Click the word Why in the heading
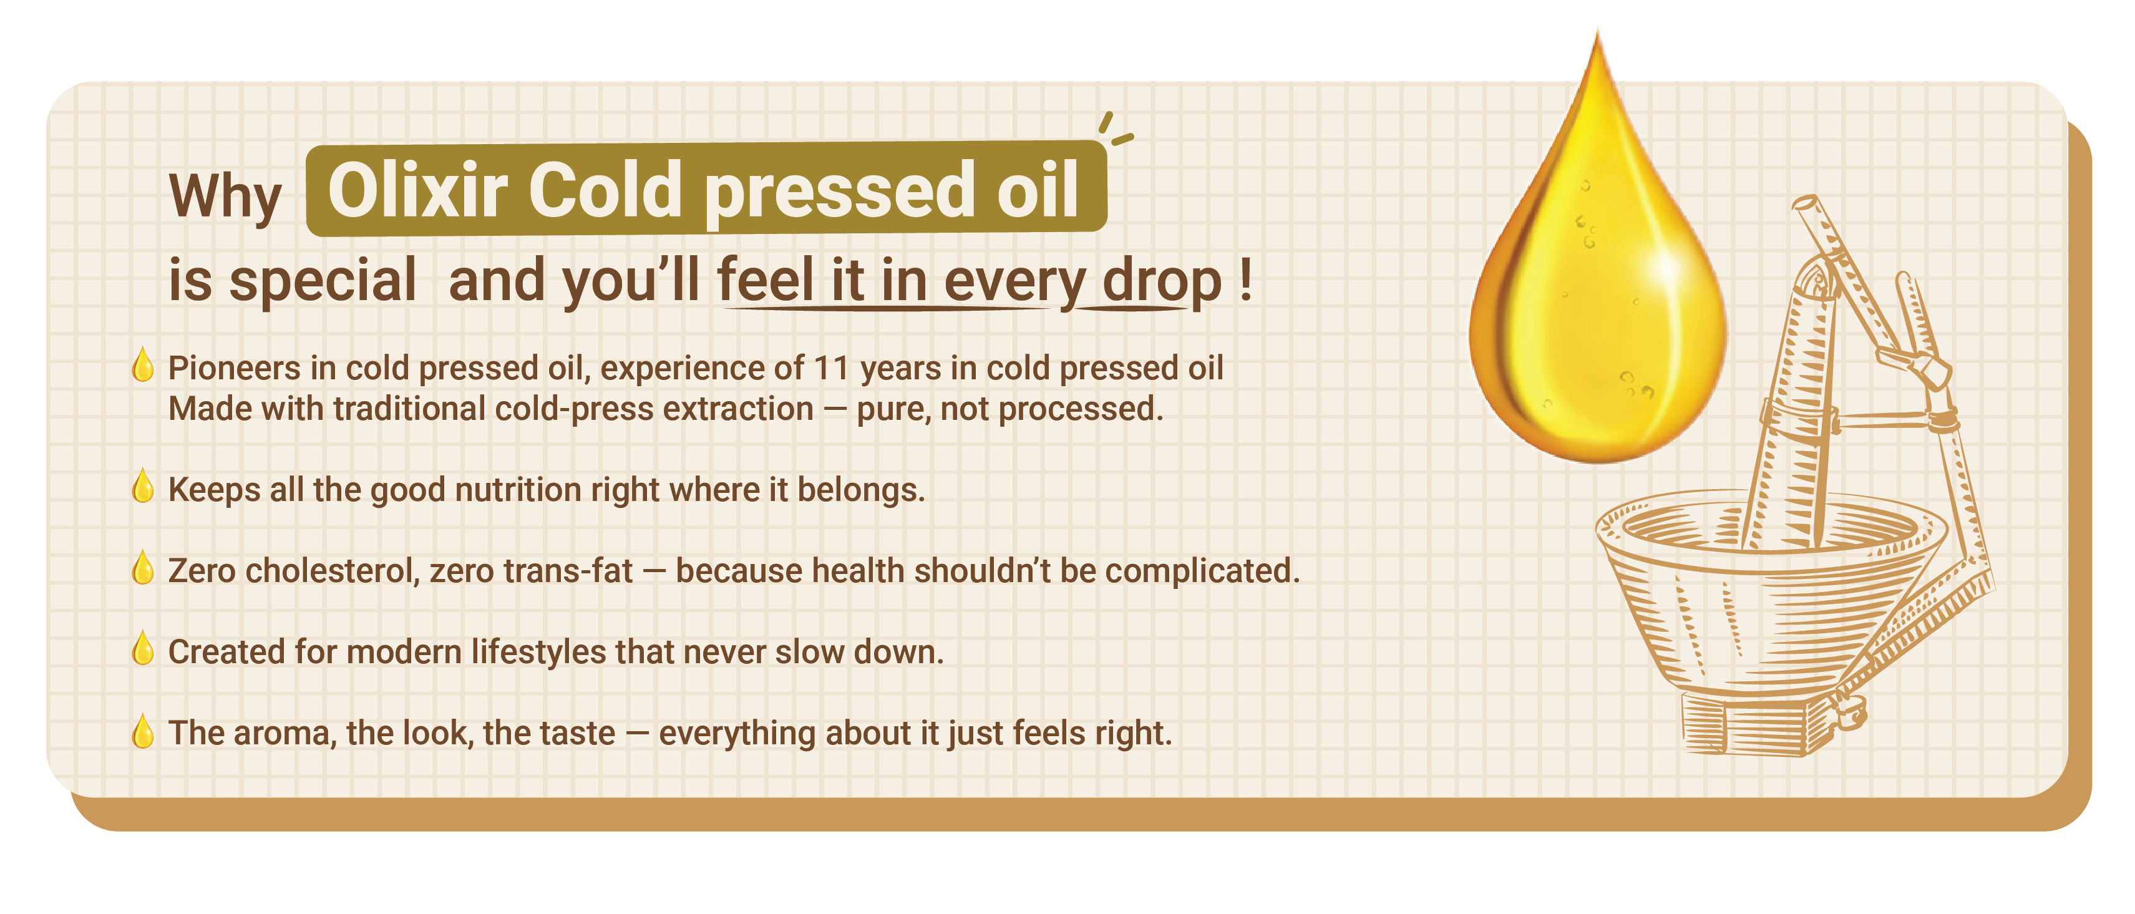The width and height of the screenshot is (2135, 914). (x=225, y=199)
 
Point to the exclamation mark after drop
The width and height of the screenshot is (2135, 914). (x=1246, y=280)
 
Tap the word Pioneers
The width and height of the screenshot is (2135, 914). (x=234, y=369)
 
